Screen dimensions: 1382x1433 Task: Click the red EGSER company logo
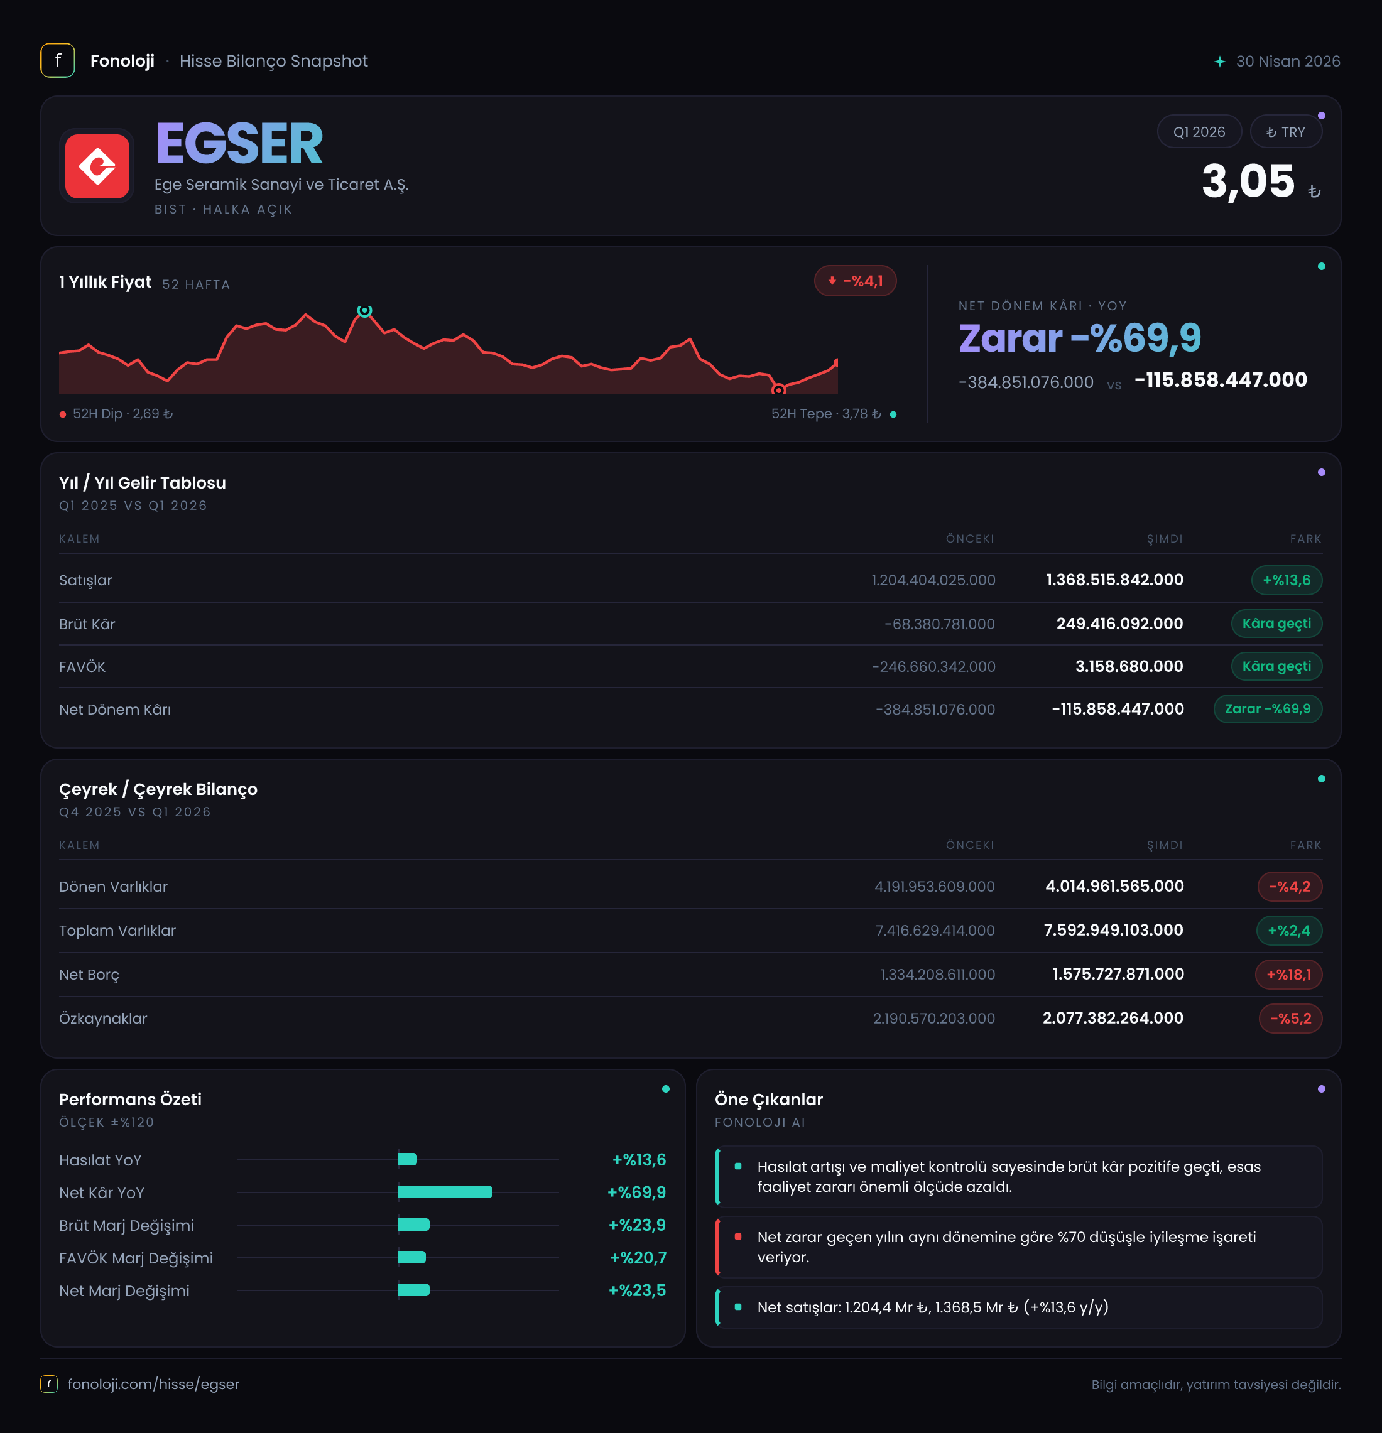97,166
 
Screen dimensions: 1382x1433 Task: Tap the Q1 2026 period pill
1199,132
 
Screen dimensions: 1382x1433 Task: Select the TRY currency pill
1285,132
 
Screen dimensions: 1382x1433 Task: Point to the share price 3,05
1248,181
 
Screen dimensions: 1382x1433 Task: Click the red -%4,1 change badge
855,281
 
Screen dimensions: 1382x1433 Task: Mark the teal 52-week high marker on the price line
364,311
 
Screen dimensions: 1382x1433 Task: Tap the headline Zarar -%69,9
1080,338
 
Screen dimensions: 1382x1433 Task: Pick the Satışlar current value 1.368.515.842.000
1114,580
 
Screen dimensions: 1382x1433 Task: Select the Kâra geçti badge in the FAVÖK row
1276,666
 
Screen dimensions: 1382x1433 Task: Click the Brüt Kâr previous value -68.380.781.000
940,624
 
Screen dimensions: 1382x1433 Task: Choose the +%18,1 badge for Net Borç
1288,974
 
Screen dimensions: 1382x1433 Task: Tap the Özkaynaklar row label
103,1019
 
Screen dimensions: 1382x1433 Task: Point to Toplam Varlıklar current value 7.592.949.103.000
1114,930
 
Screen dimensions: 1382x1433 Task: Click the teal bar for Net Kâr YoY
445,1192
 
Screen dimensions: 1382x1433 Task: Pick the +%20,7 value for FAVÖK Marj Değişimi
638,1258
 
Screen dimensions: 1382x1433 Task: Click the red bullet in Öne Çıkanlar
737,1236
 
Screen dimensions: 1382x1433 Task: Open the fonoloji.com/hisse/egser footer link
153,1384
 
